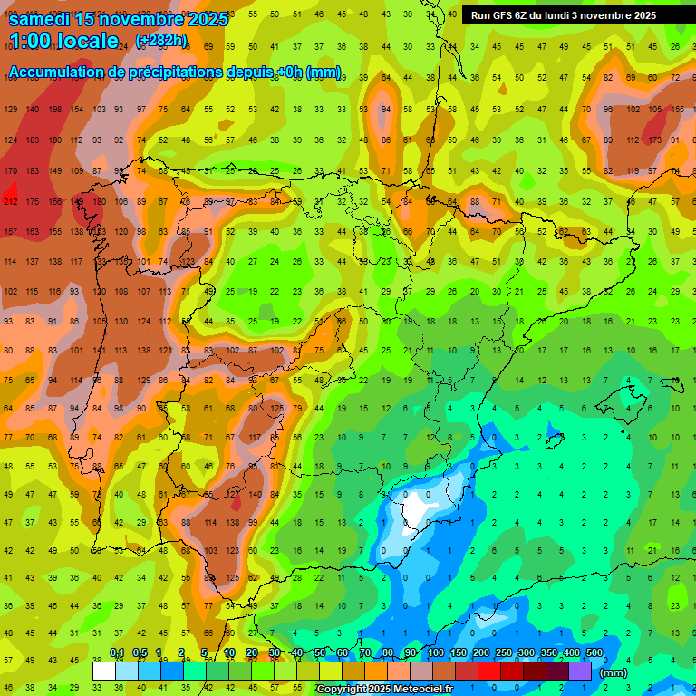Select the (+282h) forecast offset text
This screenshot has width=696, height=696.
click(161, 41)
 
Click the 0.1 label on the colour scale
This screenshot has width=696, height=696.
click(117, 653)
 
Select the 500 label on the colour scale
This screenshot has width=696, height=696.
click(594, 653)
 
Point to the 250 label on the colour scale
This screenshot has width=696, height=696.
click(503, 653)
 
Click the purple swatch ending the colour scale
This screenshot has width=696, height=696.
click(580, 671)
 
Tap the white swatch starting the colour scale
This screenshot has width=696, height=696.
click(103, 671)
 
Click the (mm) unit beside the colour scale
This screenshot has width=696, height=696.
click(614, 672)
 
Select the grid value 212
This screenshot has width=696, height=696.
click(11, 201)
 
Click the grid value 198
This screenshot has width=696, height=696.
click(54, 110)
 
